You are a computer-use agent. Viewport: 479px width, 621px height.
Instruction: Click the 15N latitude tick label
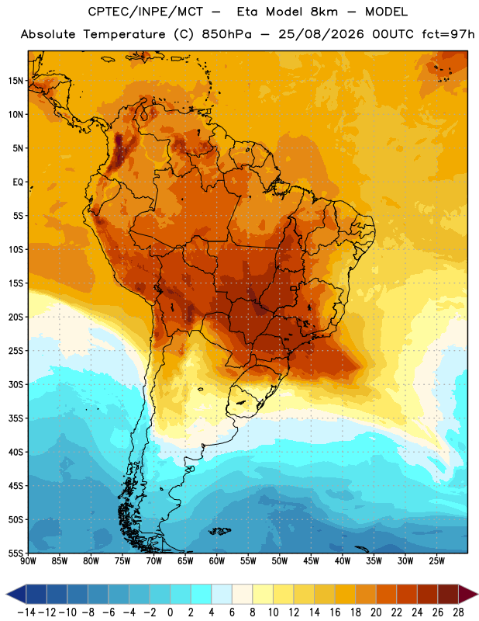click(x=16, y=81)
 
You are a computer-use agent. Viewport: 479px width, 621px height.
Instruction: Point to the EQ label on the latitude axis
click(x=18, y=182)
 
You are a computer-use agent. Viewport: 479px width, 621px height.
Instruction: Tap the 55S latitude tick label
click(x=16, y=553)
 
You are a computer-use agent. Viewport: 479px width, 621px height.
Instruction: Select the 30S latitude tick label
click(x=16, y=384)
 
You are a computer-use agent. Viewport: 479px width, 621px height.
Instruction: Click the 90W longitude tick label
click(x=28, y=561)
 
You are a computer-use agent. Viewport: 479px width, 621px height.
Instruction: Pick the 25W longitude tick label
click(x=436, y=561)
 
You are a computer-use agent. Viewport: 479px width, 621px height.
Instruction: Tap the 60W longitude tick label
click(x=217, y=561)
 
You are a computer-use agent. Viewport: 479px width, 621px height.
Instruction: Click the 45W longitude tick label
click(x=311, y=561)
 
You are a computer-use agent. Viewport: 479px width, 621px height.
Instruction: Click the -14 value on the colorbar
click(x=26, y=612)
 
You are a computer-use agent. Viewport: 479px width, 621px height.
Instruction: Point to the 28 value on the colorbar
click(x=458, y=612)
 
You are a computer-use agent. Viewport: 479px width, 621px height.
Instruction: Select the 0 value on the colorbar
click(x=170, y=612)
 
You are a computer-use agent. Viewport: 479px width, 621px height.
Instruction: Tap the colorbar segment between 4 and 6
click(x=222, y=594)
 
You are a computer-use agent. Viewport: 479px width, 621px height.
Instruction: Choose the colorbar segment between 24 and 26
click(x=427, y=594)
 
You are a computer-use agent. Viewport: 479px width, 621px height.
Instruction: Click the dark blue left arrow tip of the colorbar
click(x=6, y=594)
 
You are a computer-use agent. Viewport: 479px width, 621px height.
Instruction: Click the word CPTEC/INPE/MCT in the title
click(x=145, y=12)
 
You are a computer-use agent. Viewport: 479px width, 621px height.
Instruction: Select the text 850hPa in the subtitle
click(x=226, y=34)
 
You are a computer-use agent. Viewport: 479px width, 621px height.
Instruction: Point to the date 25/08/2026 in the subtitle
click(x=321, y=34)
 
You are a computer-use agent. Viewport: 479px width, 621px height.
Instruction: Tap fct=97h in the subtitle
click(x=448, y=34)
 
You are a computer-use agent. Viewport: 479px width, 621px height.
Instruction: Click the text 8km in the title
click(x=324, y=12)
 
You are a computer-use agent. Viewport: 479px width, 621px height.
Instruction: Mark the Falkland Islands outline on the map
click(x=219, y=531)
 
